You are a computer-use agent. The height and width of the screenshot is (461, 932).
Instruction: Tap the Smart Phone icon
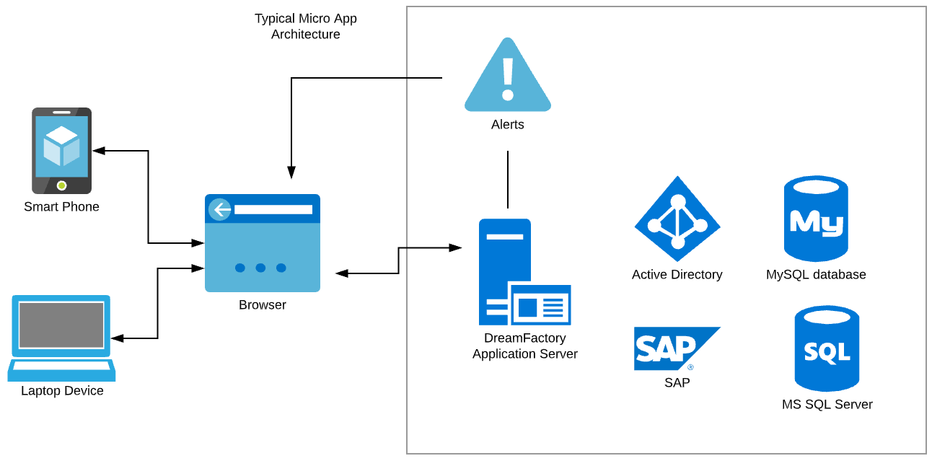(62, 151)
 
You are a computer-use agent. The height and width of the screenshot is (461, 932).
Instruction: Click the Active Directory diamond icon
(677, 219)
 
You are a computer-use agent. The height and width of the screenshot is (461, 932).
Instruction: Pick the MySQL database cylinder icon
(816, 219)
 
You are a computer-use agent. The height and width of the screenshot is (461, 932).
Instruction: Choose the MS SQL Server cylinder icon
(827, 348)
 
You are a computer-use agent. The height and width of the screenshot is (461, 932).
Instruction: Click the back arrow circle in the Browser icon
(220, 209)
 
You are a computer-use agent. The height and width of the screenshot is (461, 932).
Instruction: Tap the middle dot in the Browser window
(260, 268)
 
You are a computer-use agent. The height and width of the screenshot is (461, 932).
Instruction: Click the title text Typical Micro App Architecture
(306, 26)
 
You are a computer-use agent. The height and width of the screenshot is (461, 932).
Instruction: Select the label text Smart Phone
(61, 207)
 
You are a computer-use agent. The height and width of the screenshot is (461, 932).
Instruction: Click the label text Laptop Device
(62, 391)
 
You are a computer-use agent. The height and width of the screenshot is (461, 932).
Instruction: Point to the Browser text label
(263, 305)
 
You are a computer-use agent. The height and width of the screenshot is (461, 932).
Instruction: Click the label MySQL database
(816, 275)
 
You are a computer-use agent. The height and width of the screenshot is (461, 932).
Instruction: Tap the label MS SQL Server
(827, 405)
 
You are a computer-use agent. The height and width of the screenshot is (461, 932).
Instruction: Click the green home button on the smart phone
(62, 185)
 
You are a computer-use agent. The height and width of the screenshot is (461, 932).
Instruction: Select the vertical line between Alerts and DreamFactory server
(508, 180)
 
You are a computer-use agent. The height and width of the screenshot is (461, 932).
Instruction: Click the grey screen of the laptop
(61, 325)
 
